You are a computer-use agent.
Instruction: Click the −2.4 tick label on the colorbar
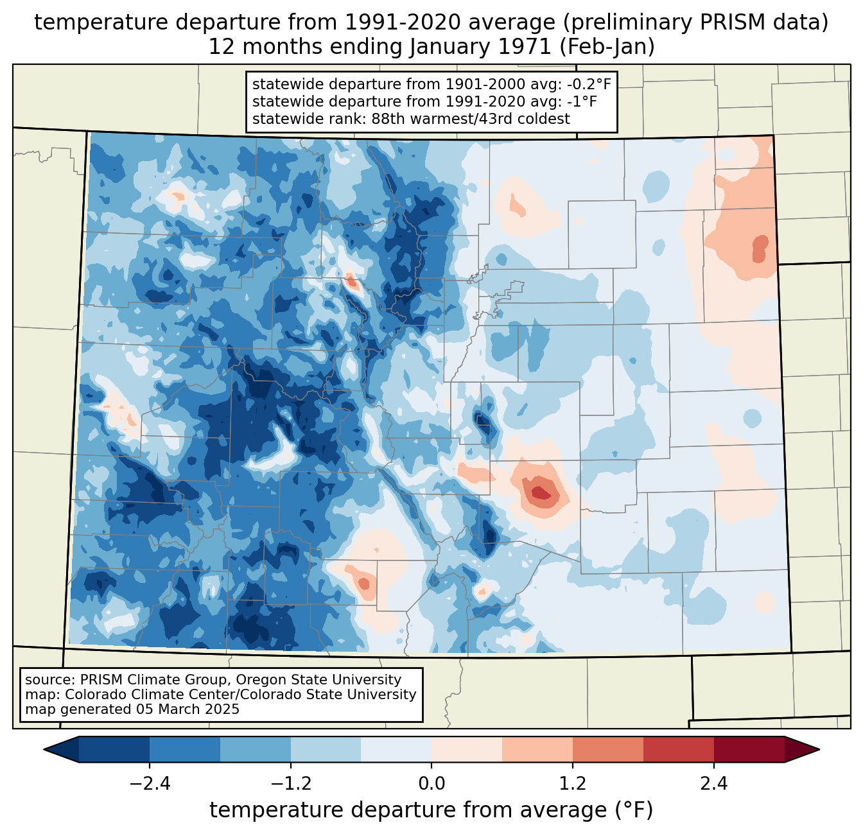coord(150,784)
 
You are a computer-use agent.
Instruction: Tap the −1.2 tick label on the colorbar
coord(291,784)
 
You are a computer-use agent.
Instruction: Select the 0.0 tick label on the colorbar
coord(431,784)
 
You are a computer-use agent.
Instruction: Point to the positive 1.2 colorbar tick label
coord(573,784)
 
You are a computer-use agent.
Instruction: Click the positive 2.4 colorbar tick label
coord(713,784)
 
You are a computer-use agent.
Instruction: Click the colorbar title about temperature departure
coord(431,810)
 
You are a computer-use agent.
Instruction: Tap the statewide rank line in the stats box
coord(411,119)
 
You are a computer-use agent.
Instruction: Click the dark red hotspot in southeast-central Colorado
coord(539,492)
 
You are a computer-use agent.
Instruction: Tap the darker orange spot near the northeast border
coord(760,247)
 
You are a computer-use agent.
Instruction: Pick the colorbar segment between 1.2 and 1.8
coord(607,749)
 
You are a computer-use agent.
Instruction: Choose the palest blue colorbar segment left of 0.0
coord(396,749)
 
